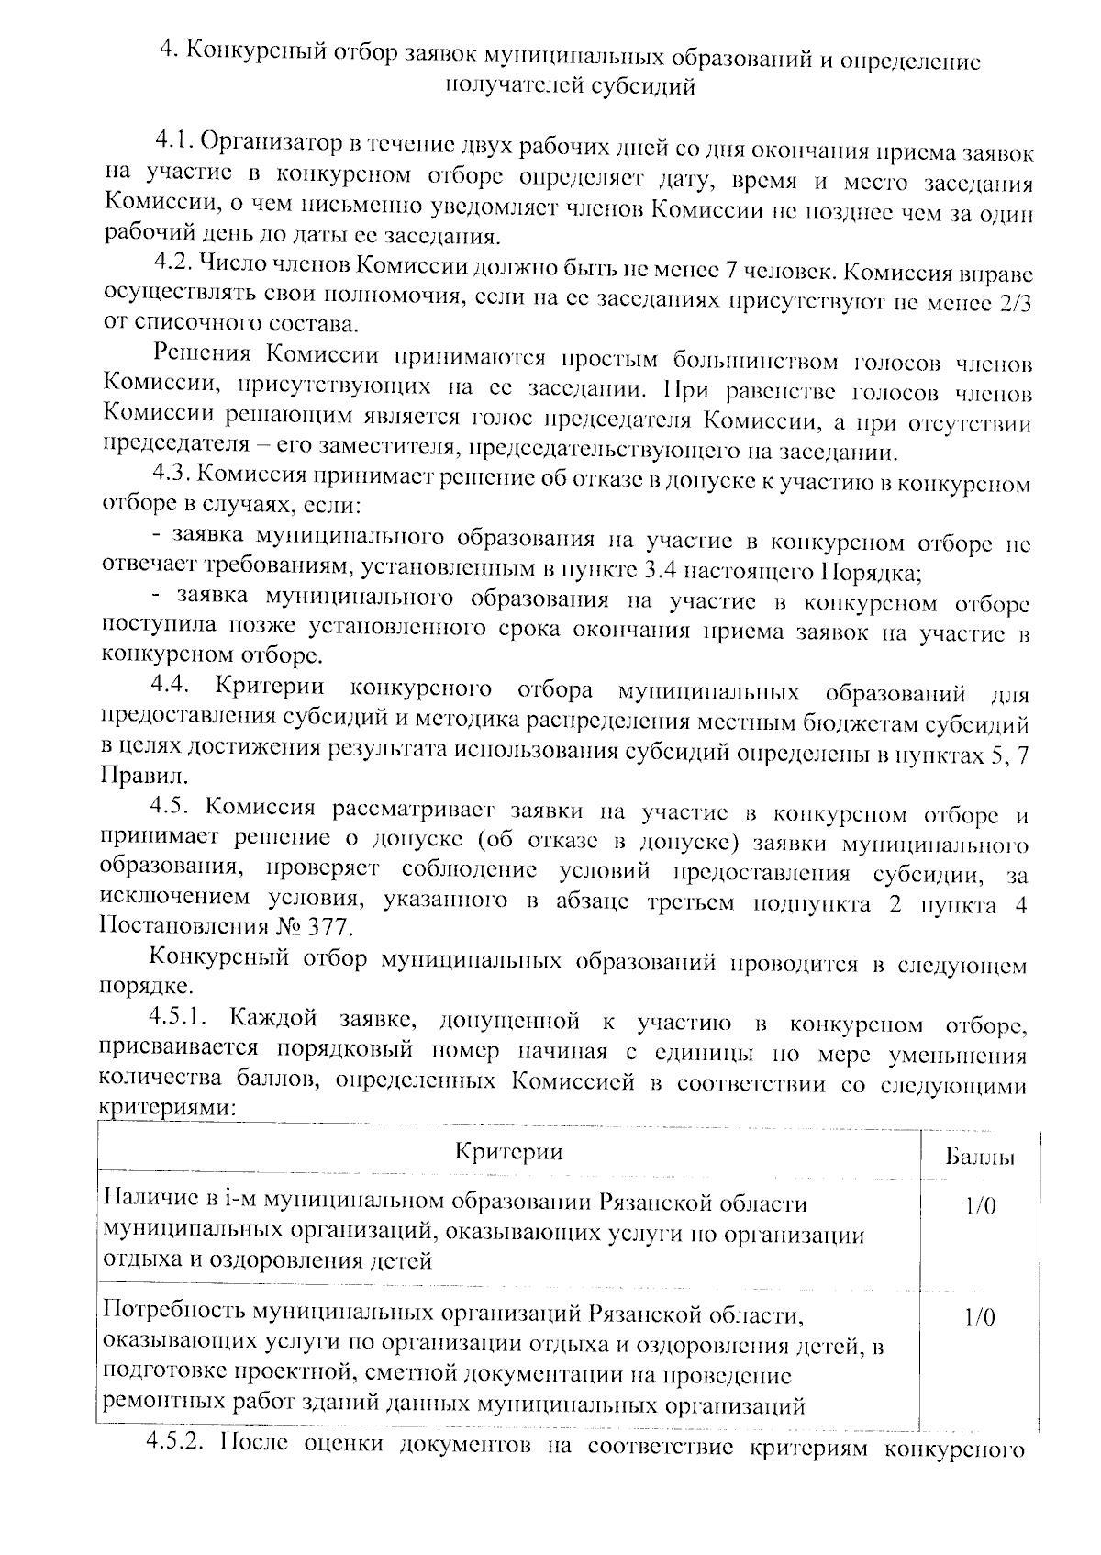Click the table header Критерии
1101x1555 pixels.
[508, 1152]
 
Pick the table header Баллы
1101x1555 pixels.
[979, 1157]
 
